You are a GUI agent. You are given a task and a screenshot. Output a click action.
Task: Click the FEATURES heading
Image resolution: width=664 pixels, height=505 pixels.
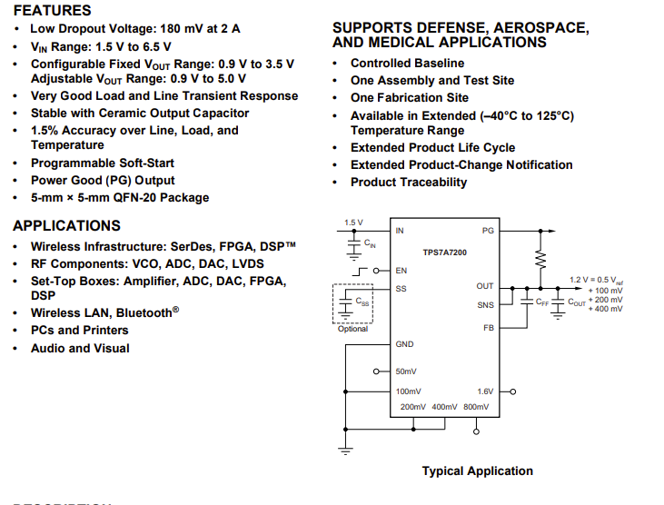[x=52, y=11]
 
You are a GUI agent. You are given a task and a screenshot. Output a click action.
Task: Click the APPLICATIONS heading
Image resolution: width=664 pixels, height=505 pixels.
[x=66, y=225]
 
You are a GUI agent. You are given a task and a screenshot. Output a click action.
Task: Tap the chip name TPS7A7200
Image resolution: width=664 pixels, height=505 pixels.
[x=444, y=251]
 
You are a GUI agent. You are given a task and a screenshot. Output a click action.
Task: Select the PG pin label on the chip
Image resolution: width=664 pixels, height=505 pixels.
[x=488, y=231]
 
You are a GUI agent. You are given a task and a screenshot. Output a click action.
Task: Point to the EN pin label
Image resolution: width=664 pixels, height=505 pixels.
[x=401, y=271]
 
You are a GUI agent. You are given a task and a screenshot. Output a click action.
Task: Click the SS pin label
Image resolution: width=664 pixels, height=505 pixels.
[x=401, y=289]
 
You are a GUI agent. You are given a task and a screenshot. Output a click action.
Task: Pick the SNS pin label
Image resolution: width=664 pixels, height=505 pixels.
[x=486, y=305]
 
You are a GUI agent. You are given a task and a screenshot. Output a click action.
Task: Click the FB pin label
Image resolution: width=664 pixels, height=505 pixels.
[x=489, y=327]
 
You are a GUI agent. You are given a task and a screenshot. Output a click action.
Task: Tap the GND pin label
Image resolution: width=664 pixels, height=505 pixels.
[x=404, y=344]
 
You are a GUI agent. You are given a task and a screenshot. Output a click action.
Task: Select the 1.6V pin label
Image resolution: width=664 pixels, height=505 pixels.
[x=485, y=391]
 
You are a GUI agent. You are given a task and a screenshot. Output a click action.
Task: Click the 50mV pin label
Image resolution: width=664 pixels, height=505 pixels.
[x=406, y=371]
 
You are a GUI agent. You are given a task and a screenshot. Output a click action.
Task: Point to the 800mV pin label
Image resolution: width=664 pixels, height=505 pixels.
[x=475, y=407]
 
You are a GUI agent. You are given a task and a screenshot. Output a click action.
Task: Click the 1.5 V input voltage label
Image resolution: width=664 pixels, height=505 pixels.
[x=353, y=223]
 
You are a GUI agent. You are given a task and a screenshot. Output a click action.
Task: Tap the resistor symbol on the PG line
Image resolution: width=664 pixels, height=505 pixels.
[x=542, y=260]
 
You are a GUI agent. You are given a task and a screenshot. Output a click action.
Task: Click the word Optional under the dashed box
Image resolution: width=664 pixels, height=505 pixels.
[x=352, y=329]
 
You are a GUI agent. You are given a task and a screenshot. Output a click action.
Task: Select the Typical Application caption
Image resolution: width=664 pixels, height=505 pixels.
[x=477, y=470]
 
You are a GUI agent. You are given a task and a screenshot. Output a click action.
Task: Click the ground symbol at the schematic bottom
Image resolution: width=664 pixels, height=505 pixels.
[x=345, y=449]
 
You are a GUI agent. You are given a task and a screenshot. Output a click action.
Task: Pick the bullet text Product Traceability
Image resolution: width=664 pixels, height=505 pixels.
[x=409, y=182]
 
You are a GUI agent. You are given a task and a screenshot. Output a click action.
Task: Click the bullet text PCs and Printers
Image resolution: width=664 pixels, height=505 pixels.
[x=79, y=330]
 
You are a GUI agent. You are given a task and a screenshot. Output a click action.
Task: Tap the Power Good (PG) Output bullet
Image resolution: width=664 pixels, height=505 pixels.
[x=103, y=180]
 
